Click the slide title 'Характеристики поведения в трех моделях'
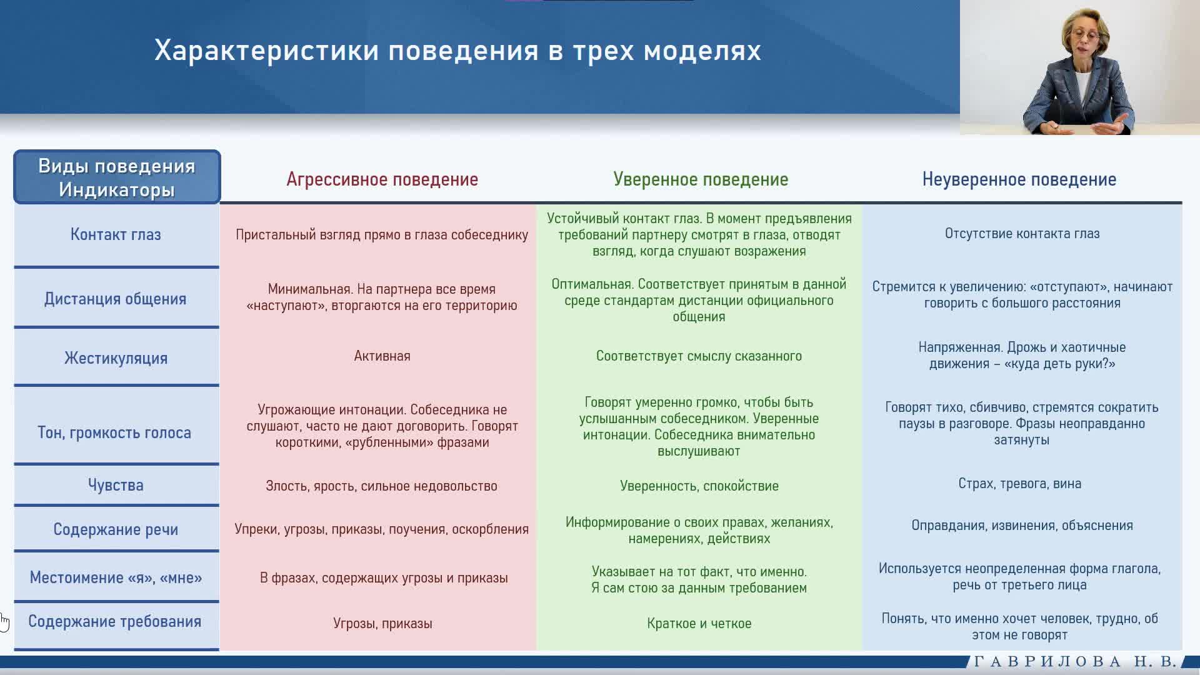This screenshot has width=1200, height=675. (457, 51)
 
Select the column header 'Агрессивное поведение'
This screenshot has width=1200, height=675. (382, 179)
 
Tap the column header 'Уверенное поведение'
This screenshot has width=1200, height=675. (701, 179)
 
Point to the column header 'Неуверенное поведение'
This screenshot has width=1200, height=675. (1019, 179)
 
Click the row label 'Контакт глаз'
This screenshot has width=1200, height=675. (116, 234)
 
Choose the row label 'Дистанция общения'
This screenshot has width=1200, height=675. (116, 299)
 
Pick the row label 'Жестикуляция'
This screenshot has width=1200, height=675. (116, 358)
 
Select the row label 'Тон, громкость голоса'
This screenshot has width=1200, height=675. (114, 432)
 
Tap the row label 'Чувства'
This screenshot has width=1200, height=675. (116, 485)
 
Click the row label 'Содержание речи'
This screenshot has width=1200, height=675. (116, 529)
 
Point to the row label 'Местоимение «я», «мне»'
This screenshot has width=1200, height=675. (116, 577)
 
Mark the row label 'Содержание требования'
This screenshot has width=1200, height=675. (115, 621)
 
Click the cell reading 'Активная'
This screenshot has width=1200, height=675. (382, 356)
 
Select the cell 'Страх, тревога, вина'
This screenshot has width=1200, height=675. (1020, 484)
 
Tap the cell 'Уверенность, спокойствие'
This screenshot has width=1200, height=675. (699, 486)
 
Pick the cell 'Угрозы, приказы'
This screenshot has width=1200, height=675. (382, 624)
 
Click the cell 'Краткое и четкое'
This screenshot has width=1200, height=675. (699, 624)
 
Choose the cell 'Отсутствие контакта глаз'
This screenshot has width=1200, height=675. (1022, 234)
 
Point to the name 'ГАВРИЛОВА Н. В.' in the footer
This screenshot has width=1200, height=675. (1076, 661)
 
